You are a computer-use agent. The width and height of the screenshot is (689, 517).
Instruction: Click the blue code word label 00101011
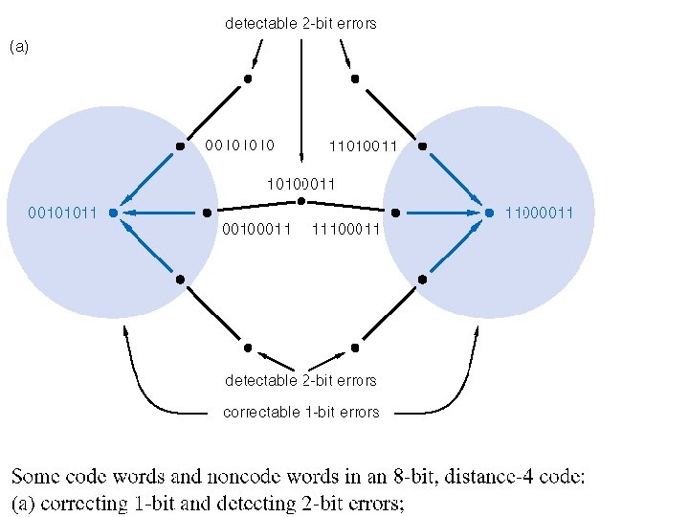62,213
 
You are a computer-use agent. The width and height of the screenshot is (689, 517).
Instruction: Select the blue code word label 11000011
539,213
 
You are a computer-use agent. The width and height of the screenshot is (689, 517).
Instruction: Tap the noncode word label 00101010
240,146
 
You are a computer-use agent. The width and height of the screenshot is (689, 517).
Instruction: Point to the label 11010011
363,146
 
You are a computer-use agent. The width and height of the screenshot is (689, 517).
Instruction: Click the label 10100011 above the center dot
301,184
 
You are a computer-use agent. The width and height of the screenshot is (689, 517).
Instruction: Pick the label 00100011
256,229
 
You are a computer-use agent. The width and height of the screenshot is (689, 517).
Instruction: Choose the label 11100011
345,229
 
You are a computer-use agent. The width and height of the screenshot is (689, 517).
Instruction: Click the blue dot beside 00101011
113,213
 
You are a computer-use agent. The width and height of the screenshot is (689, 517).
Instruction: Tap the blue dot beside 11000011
489,213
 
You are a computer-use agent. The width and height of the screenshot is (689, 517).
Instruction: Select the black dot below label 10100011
301,201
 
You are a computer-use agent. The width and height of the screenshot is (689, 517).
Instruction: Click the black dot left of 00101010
180,146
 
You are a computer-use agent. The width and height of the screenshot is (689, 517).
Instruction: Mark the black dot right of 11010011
422,146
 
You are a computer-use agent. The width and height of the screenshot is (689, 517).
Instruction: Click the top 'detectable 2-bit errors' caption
300,23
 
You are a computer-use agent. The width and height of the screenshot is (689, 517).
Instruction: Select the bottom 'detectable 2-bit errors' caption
300,380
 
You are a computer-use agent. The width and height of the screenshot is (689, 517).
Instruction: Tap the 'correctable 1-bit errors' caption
301,413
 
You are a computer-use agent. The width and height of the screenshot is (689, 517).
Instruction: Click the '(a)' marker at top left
19,47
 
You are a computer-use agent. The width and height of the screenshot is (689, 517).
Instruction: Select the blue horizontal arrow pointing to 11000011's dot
445,213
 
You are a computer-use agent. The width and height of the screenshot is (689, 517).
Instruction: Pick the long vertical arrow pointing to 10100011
301,101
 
